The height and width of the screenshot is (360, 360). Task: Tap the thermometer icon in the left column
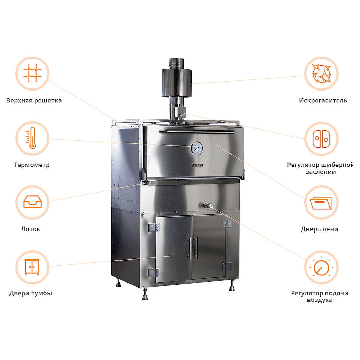coord(32,138)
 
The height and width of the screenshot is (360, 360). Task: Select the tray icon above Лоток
coord(32,202)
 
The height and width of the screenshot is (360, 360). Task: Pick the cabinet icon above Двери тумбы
coord(32,267)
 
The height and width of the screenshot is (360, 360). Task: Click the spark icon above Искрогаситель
coord(321,74)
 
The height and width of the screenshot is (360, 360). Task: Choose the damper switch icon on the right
coord(321,139)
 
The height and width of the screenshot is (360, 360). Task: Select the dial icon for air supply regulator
coord(321,267)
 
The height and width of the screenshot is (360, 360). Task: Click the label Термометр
coord(32,165)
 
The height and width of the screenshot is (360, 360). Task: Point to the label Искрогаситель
coord(323,100)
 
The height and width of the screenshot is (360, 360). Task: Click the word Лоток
coord(31,229)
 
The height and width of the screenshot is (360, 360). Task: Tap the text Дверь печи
coord(319,229)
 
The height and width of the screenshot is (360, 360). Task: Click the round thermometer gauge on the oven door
coord(197,148)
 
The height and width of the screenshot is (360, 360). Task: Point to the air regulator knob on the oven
coord(208,206)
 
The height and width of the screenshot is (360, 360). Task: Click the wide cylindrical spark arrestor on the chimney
coord(177,83)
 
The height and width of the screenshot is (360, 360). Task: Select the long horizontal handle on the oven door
coord(200,132)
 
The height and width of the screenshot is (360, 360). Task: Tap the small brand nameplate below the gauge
coord(197,165)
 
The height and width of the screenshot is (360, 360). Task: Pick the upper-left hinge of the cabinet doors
coord(154,227)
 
